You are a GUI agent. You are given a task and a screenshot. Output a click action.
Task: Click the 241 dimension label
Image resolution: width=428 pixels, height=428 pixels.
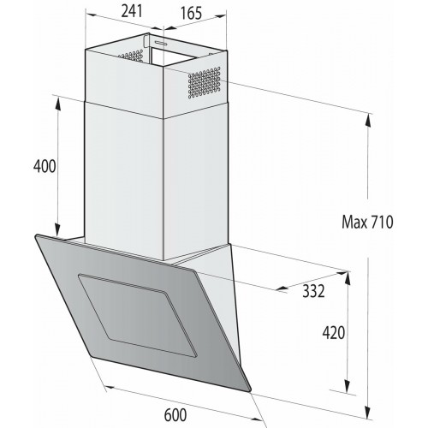[x=131, y=14]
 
